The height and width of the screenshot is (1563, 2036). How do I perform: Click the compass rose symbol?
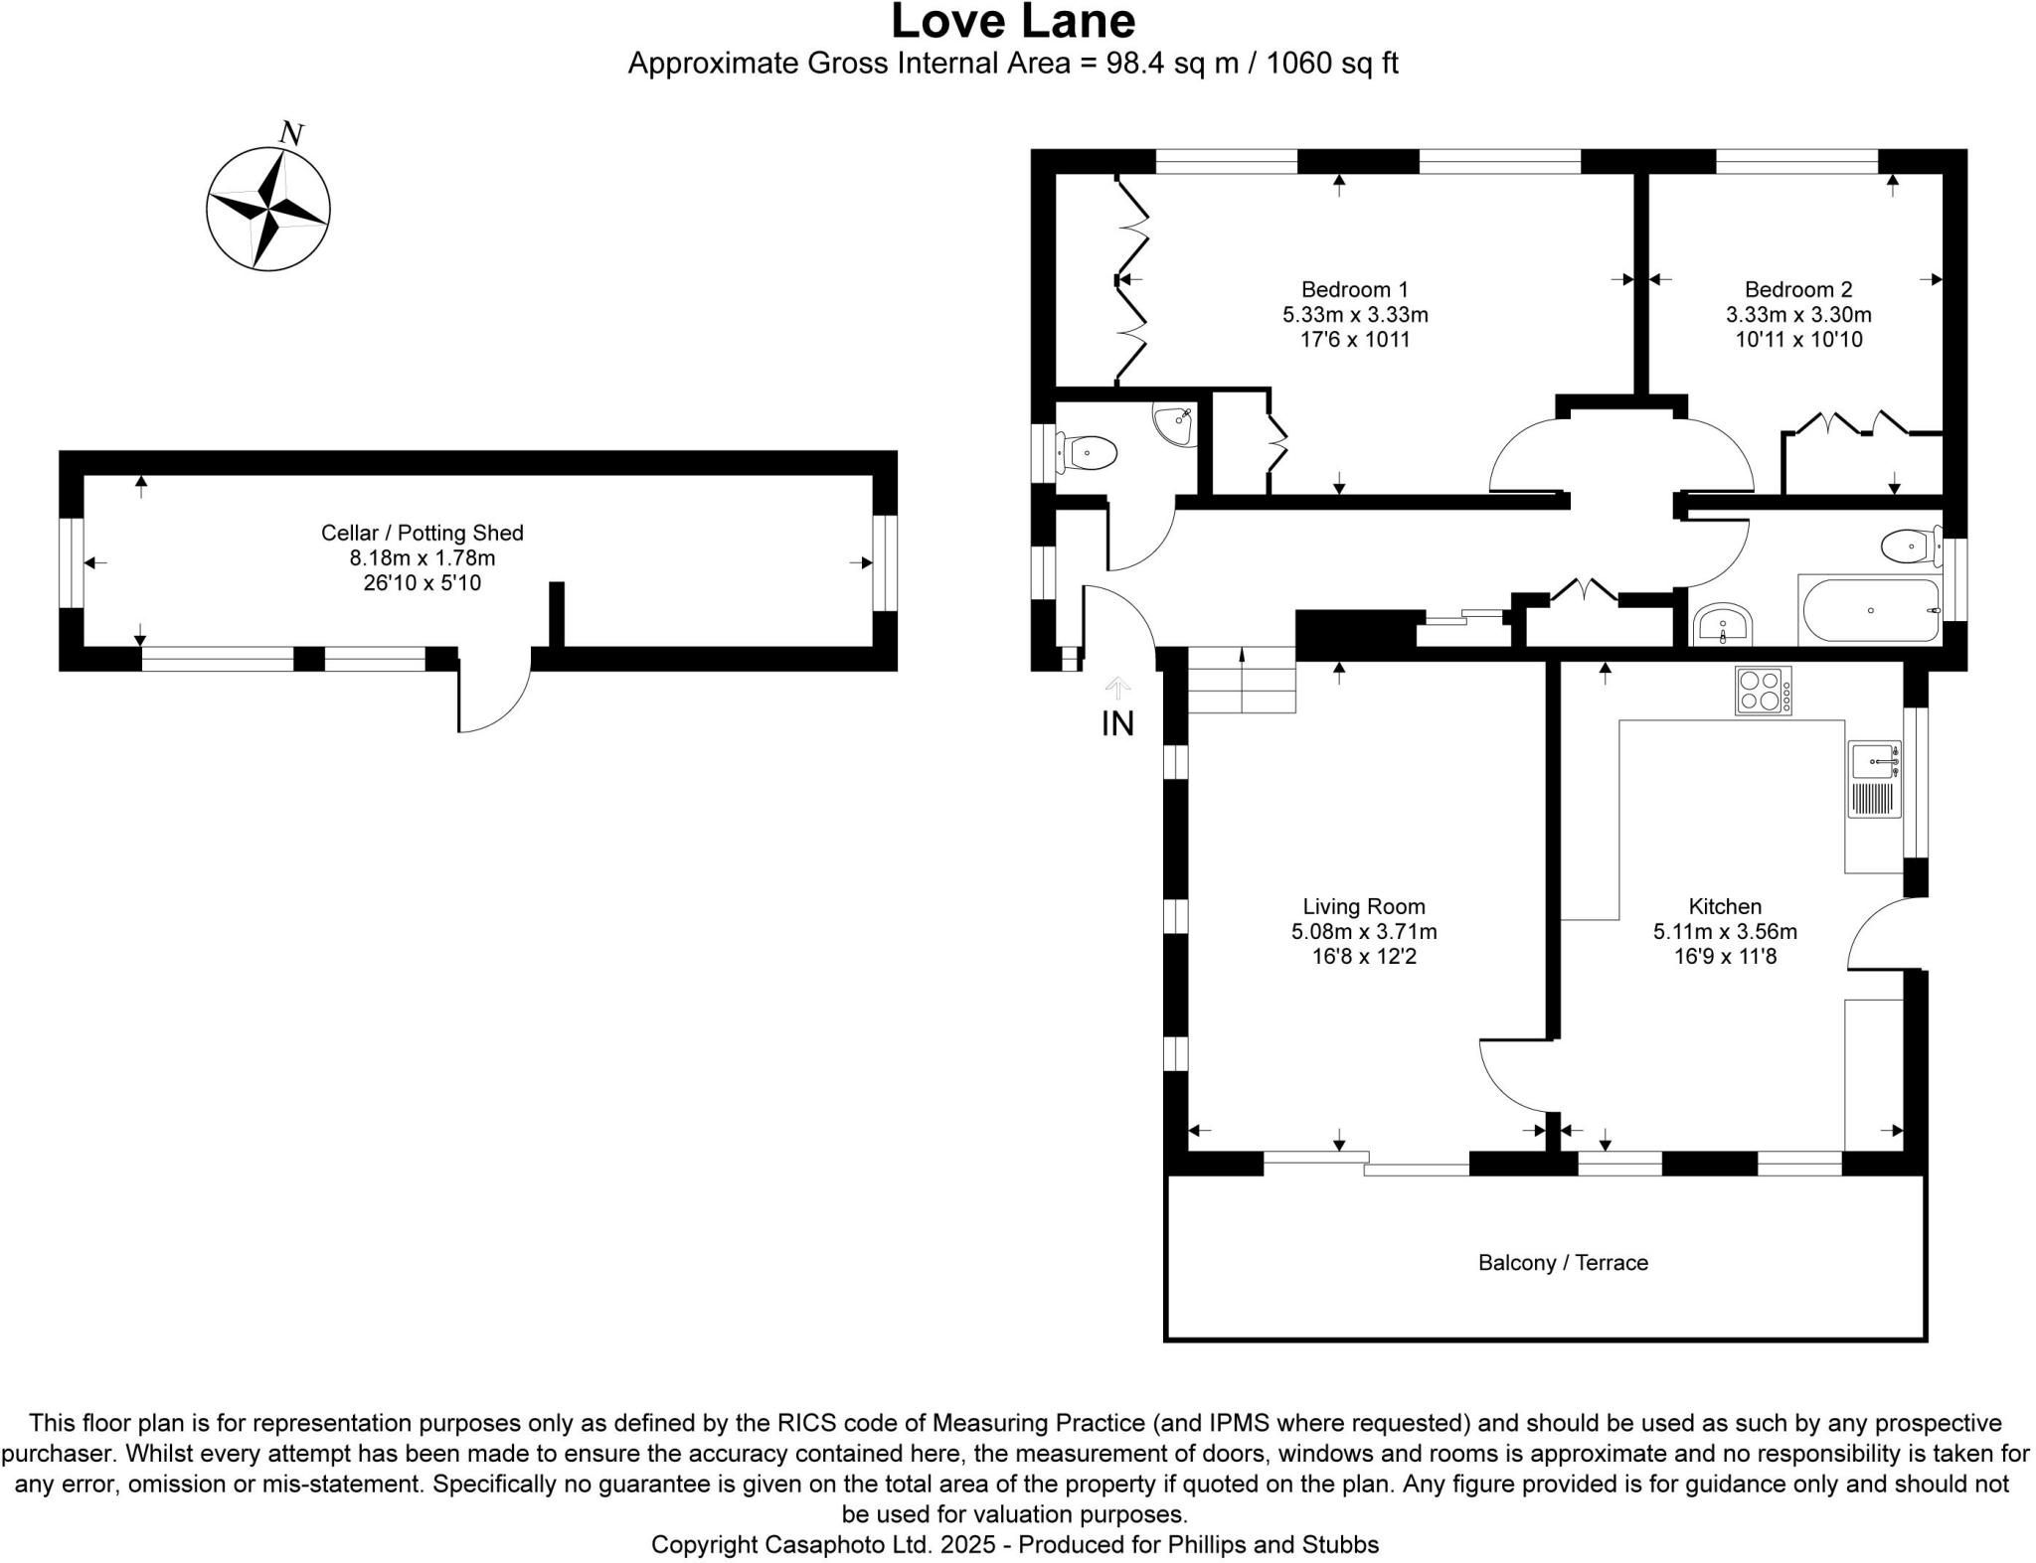(x=267, y=209)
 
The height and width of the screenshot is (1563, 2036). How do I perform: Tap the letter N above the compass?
(x=291, y=133)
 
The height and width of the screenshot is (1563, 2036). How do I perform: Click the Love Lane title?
(x=1012, y=22)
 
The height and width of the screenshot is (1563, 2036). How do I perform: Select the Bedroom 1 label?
(x=1354, y=289)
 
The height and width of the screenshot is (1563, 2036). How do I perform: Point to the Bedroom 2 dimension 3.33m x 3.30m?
(x=1797, y=315)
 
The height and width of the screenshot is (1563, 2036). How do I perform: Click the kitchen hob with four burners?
(x=1763, y=690)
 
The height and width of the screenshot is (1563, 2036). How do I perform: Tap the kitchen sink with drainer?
(x=1874, y=779)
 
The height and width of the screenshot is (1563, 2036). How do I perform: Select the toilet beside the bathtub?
(x=1908, y=547)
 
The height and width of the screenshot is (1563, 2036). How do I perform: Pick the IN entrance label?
(x=1117, y=723)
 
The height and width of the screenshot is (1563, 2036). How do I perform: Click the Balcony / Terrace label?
(x=1563, y=1262)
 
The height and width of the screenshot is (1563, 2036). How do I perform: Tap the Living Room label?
(x=1363, y=906)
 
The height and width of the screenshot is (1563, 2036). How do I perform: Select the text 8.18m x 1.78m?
(x=422, y=558)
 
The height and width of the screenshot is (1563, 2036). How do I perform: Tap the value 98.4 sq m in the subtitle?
(x=1173, y=64)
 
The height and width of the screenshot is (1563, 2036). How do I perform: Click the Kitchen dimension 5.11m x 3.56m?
(x=1724, y=932)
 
